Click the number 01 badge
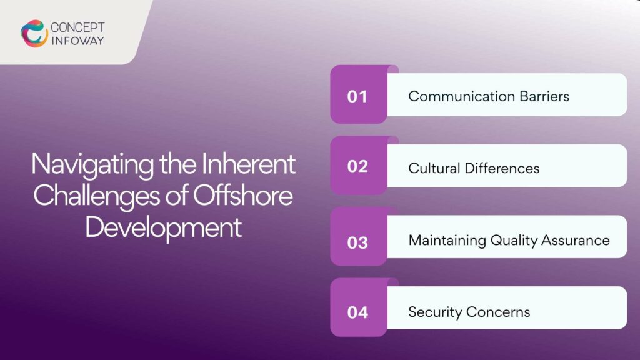coord(357,97)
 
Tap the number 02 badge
coord(357,167)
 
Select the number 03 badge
coord(357,241)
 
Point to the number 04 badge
coord(357,312)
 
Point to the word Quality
coord(512,241)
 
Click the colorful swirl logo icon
coord(34,33)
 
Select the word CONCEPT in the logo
coord(77,27)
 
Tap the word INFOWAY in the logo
coord(77,41)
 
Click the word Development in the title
coord(163,226)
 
